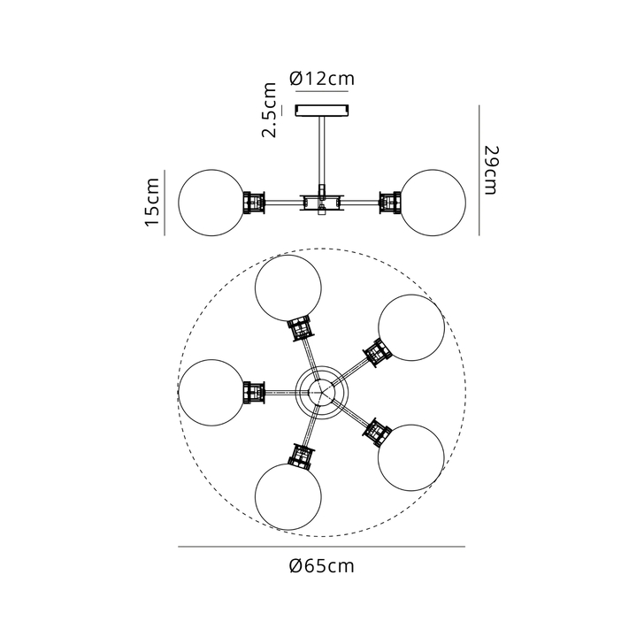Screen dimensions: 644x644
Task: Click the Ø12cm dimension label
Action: pyautogui.click(x=322, y=78)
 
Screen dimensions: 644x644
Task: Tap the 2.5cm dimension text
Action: pyautogui.click(x=270, y=110)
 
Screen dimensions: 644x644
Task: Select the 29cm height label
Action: pyautogui.click(x=491, y=170)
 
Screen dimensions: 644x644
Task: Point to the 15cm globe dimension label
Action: pyautogui.click(x=152, y=202)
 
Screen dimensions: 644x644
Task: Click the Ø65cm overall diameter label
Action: pyautogui.click(x=322, y=566)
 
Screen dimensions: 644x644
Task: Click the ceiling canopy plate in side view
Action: pyautogui.click(x=322, y=111)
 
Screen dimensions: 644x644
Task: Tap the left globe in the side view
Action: pyautogui.click(x=211, y=203)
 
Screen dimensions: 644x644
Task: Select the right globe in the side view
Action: pyautogui.click(x=433, y=203)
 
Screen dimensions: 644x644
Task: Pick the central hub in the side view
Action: pyautogui.click(x=322, y=203)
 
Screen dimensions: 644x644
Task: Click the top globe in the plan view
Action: pyautogui.click(x=287, y=288)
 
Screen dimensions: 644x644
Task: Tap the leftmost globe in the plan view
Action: pyautogui.click(x=211, y=393)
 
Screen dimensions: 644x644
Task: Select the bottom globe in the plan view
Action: pyautogui.click(x=287, y=496)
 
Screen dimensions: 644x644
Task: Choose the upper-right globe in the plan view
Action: pyautogui.click(x=411, y=327)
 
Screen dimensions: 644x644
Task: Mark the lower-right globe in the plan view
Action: pyautogui.click(x=411, y=457)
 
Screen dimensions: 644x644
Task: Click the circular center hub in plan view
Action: pyautogui.click(x=322, y=393)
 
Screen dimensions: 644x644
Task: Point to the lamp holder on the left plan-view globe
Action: pyautogui.click(x=254, y=393)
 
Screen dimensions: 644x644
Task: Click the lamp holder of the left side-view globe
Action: pyautogui.click(x=254, y=203)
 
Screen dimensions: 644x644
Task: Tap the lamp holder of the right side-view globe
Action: pyautogui.click(x=390, y=203)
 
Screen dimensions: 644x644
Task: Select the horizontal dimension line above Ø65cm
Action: pyautogui.click(x=322, y=547)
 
